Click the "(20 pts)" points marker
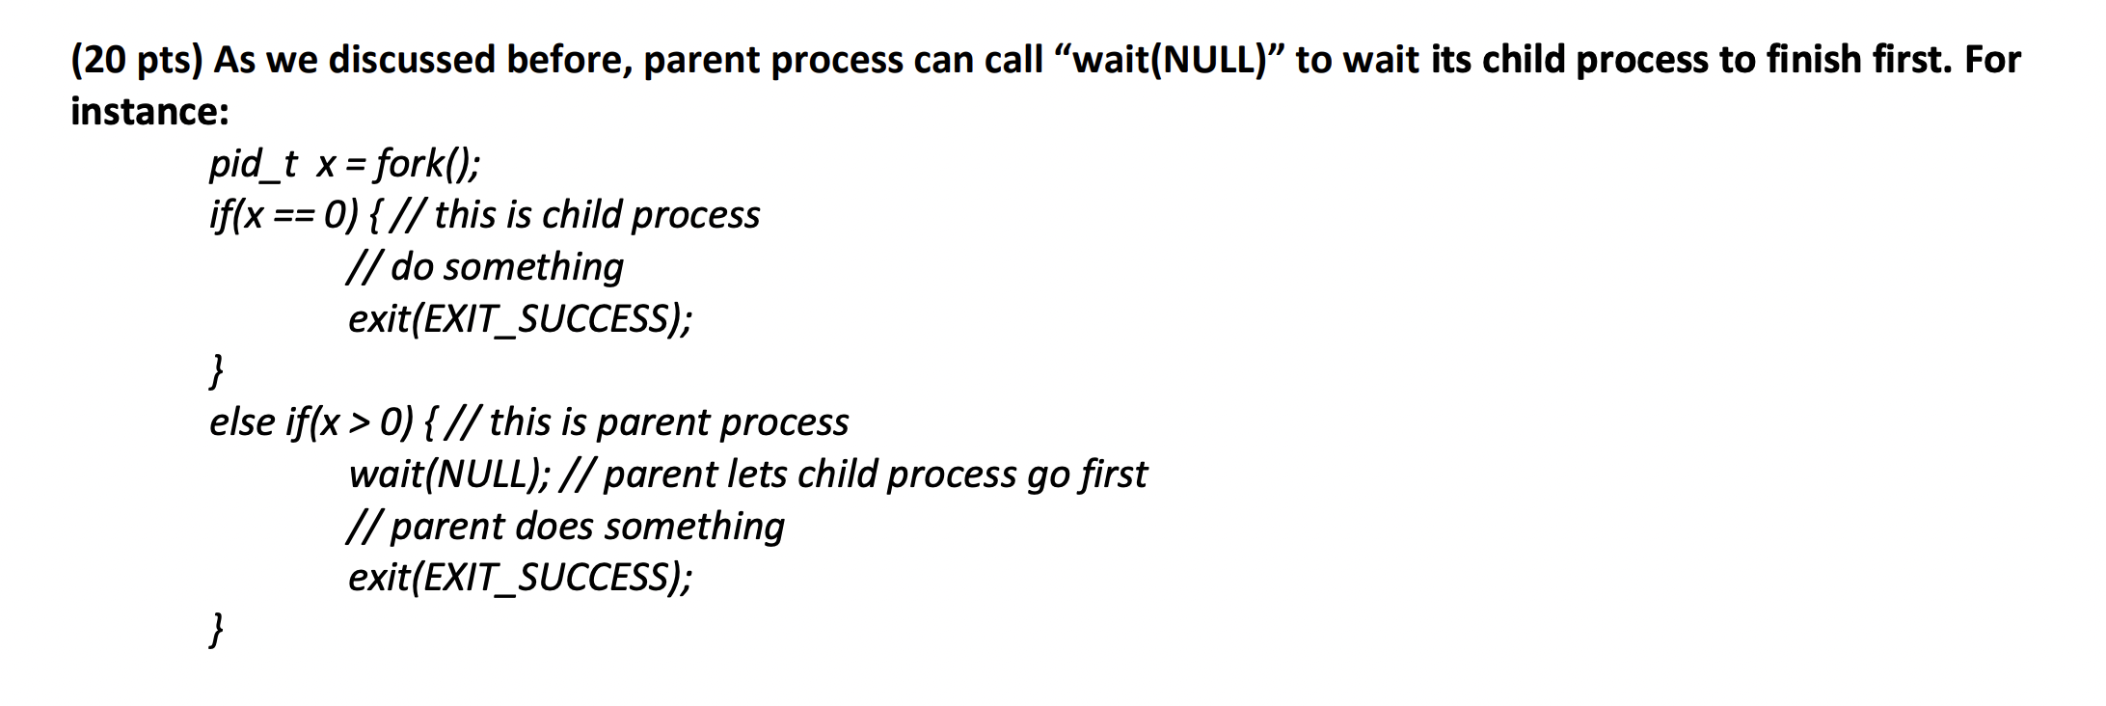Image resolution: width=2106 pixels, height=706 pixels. click(x=136, y=60)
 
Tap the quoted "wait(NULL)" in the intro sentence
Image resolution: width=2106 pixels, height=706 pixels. click(x=1170, y=60)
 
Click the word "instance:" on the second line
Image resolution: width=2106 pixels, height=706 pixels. click(x=150, y=112)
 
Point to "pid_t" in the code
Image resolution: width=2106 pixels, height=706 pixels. click(x=254, y=164)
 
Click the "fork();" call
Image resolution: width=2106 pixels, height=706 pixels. click(x=427, y=164)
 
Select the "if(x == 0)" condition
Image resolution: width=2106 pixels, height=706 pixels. click(x=284, y=215)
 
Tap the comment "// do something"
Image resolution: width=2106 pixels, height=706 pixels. click(x=486, y=267)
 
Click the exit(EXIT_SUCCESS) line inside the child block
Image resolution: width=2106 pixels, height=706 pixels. click(x=520, y=318)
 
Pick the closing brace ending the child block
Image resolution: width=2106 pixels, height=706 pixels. click(x=217, y=370)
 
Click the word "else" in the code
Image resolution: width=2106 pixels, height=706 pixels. click(x=241, y=422)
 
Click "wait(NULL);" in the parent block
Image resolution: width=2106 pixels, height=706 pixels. click(x=450, y=475)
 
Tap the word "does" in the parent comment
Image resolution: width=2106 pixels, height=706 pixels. click(x=554, y=527)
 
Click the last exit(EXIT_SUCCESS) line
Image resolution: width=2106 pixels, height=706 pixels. click(x=520, y=578)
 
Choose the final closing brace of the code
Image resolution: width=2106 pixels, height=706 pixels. click(x=217, y=630)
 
